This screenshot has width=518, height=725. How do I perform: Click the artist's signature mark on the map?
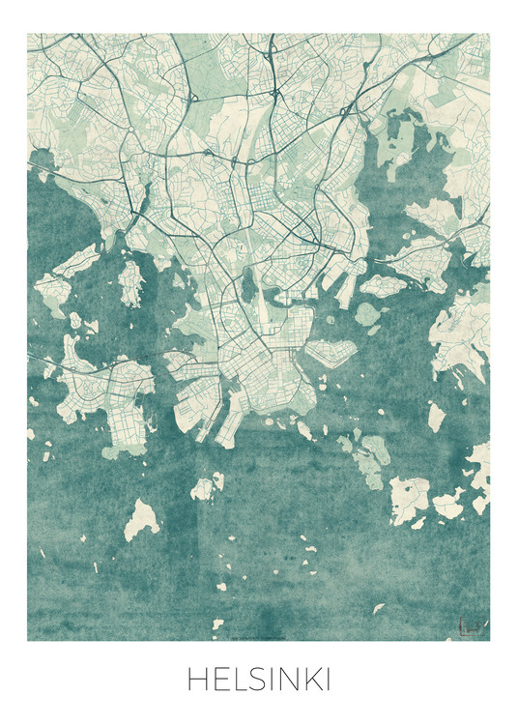pos(472,627)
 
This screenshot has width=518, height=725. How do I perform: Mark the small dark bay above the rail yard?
pos(249,284)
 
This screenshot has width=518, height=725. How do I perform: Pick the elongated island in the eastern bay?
pos(383,286)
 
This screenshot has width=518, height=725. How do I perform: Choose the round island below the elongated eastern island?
pos(367,313)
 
